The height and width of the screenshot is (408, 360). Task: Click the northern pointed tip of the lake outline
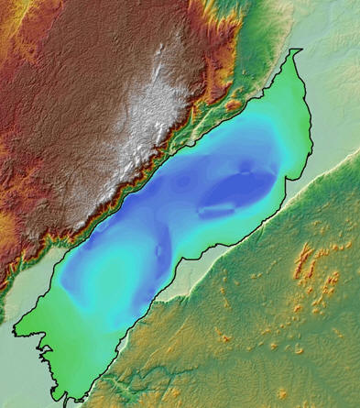(300, 50)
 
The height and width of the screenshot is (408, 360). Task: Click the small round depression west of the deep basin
(183, 182)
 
